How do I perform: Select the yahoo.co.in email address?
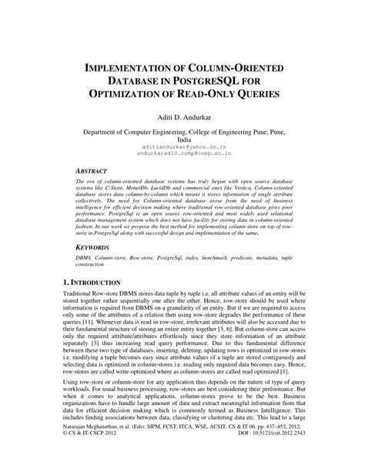[182, 145]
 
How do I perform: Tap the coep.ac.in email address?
[182, 152]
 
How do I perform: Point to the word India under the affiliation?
[182, 139]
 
